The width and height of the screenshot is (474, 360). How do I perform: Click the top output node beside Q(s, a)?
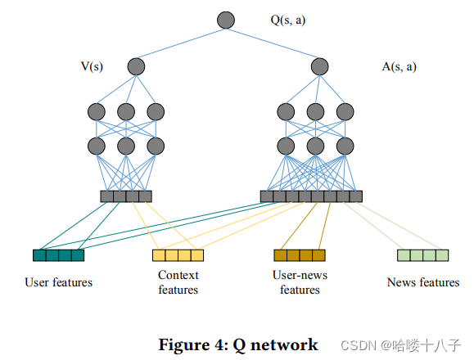(226, 20)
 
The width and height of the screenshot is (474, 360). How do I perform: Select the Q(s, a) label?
(288, 20)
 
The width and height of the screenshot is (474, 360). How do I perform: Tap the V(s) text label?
(92, 66)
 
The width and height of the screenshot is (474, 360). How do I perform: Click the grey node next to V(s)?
(136, 66)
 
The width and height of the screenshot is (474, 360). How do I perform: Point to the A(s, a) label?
(399, 66)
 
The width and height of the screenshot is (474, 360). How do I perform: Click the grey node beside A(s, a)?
(320, 66)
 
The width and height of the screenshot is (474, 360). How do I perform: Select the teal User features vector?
(58, 255)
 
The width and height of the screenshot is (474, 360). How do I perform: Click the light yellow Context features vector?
(178, 255)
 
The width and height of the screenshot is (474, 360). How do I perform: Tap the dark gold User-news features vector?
(300, 255)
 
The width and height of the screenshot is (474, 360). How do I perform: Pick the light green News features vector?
(422, 255)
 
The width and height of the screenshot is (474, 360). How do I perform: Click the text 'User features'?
(59, 282)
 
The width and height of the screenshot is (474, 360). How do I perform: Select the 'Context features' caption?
(178, 282)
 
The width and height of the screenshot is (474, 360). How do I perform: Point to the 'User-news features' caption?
(300, 282)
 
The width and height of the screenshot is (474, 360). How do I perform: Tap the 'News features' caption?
(423, 282)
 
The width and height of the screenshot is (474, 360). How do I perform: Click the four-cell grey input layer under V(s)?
(126, 196)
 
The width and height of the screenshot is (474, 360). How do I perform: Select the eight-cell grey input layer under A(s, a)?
(311, 196)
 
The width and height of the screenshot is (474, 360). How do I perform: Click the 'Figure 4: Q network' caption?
(238, 345)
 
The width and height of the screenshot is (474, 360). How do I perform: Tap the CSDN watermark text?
(401, 345)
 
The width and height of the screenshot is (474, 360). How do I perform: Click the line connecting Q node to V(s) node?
(181, 43)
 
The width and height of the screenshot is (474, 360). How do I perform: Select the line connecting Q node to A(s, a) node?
(273, 43)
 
